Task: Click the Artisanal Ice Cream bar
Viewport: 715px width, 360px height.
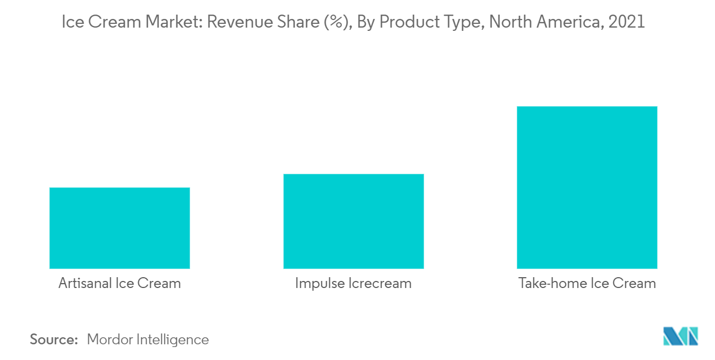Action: coord(119,228)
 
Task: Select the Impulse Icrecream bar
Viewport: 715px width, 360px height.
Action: coord(353,221)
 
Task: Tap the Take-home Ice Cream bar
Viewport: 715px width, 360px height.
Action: coord(587,187)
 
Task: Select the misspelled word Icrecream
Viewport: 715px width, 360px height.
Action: coord(380,283)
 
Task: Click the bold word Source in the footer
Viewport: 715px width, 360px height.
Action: coord(54,339)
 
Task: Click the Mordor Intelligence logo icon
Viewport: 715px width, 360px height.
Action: coord(680,336)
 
